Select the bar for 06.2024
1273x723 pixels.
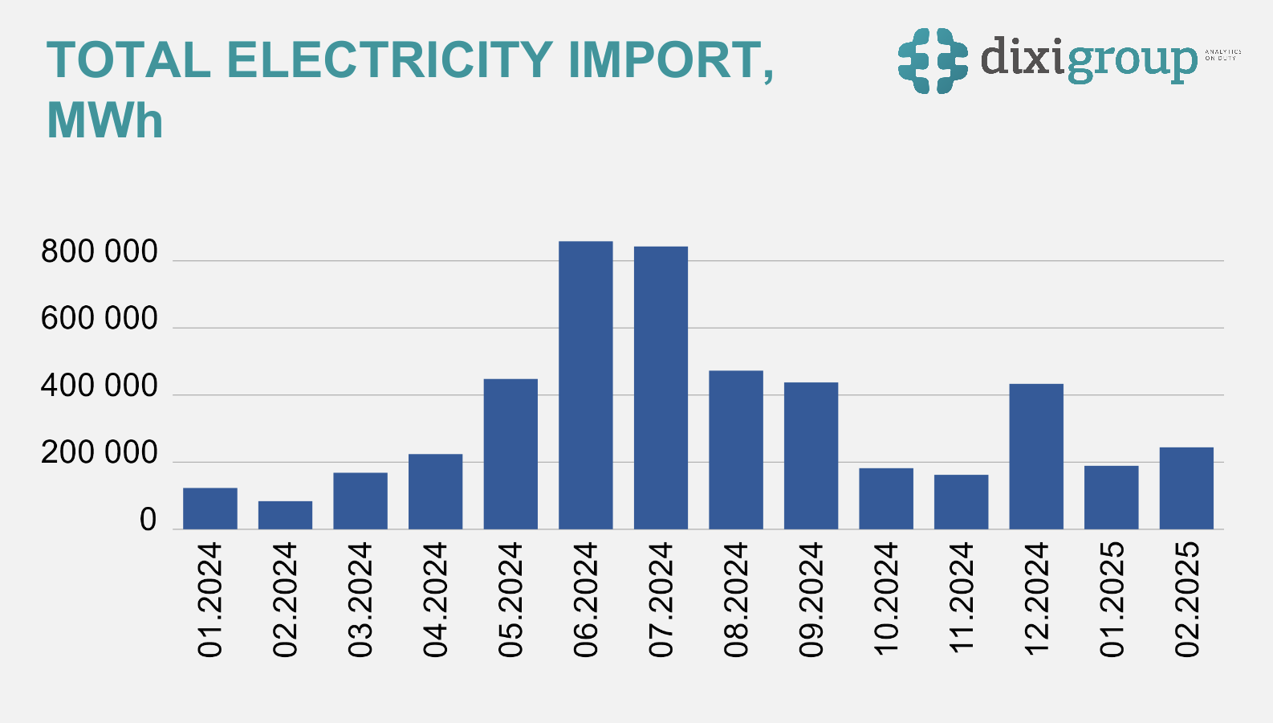tap(586, 386)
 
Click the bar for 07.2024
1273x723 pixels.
tap(661, 388)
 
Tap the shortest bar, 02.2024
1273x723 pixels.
tap(285, 515)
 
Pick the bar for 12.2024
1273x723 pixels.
tap(1036, 456)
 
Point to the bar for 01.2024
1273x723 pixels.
tap(210, 509)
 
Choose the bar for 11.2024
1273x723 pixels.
tap(961, 502)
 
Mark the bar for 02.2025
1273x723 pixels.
tap(1186, 488)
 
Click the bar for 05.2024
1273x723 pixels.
tap(510, 454)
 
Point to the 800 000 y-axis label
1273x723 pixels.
tap(100, 252)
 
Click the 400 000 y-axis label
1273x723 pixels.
tap(100, 386)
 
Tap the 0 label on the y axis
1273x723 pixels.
tap(148, 521)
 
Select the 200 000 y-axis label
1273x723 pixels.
tap(100, 454)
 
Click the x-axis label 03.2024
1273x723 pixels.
tap(360, 599)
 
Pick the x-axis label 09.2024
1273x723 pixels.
tap(811, 599)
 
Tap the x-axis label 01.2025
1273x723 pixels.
tap(1112, 599)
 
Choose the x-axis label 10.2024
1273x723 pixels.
tap(886, 599)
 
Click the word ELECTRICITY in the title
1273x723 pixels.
tap(389, 60)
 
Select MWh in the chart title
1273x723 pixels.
tap(105, 121)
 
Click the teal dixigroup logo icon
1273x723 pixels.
tap(932, 60)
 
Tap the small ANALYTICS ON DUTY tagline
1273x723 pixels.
tap(1222, 55)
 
